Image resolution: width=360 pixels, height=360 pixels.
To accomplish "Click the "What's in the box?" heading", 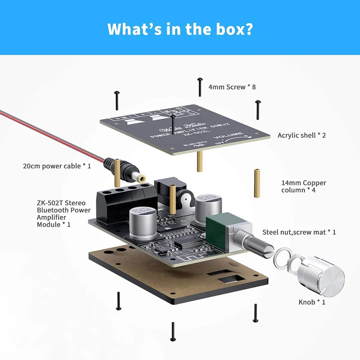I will tap(180, 29).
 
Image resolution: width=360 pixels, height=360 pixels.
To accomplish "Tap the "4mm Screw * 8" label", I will tap(232, 87).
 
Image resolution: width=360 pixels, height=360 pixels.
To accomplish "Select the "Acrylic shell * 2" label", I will tap(301, 135).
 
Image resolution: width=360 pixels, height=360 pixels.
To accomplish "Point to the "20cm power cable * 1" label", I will tap(57, 166).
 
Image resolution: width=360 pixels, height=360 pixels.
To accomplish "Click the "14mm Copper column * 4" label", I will tap(304, 186).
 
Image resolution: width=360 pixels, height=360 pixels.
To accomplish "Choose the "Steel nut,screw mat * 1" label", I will tap(299, 232).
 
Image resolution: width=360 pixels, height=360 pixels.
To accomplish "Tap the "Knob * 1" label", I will tap(312, 302).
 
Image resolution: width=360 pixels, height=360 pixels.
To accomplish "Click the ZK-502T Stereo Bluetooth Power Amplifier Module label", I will tap(64, 214).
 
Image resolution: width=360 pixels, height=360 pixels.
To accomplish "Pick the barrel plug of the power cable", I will tap(131, 171).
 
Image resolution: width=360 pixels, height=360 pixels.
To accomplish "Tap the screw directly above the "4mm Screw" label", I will tap(200, 87).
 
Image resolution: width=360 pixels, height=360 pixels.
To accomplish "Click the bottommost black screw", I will tap(173, 332).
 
